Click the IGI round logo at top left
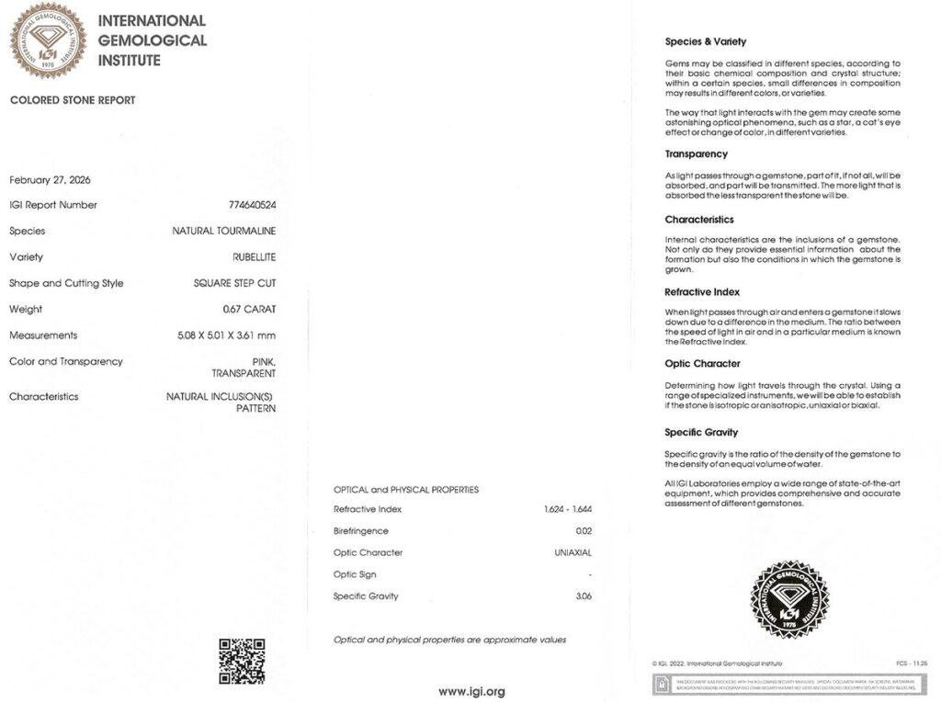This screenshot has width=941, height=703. coord(48,40)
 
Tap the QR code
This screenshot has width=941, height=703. coord(242,661)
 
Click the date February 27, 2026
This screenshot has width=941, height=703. coord(50,179)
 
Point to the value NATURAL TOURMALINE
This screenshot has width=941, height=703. coord(224,231)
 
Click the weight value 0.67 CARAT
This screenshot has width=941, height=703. coord(249,310)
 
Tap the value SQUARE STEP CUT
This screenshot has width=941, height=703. coord(234,283)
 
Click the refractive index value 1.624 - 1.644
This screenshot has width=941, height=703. coord(567,509)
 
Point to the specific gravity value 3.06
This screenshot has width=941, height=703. coord(583,596)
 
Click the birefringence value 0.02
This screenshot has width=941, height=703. coord(583,531)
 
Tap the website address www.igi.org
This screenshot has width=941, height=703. coord(470,691)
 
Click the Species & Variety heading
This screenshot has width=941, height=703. coord(705,41)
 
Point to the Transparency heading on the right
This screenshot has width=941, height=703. coord(696,153)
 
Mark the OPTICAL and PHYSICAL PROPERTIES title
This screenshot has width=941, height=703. coord(405,490)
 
